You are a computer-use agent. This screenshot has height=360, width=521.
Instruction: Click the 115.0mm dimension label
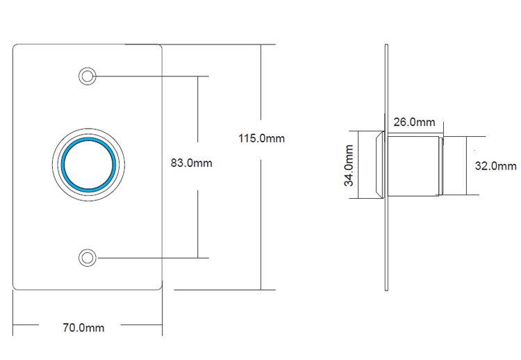tap(262, 138)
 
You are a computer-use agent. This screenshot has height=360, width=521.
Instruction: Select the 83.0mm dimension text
tap(191, 163)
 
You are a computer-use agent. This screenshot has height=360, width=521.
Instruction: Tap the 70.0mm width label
tap(83, 327)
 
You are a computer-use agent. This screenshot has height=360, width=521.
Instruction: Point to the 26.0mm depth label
tap(414, 122)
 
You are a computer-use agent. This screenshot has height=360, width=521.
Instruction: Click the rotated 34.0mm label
tap(349, 165)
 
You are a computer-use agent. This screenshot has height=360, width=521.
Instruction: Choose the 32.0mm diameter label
tap(495, 165)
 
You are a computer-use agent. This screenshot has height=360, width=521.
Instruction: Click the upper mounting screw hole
tap(88, 75)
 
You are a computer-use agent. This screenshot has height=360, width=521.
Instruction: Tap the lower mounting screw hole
tap(88, 257)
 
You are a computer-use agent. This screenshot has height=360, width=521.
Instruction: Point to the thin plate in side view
tap(387, 229)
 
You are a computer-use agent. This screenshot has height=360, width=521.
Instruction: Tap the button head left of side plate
tap(379, 165)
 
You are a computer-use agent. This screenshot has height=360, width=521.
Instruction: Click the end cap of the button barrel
tap(440, 165)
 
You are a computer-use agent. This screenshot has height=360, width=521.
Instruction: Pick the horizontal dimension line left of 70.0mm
tap(35, 325)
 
